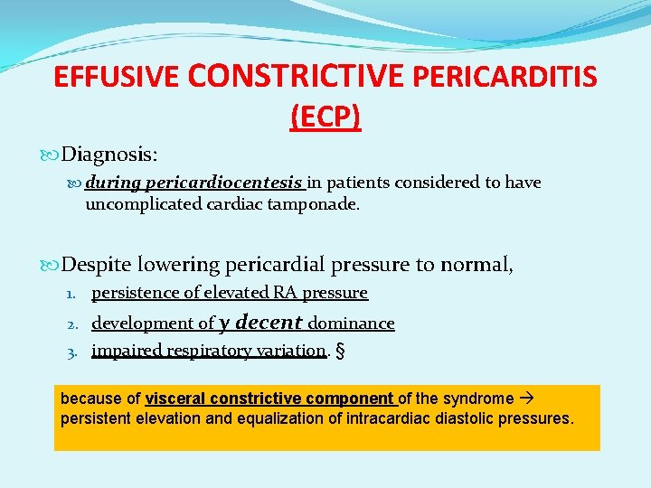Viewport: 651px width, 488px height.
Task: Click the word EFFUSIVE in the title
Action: tap(117, 78)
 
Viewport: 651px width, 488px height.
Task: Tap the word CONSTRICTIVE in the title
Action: tap(297, 76)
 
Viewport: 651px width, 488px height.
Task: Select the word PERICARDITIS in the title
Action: tap(505, 78)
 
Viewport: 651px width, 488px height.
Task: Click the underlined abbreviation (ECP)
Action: tap(325, 117)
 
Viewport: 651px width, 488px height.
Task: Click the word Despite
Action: tap(98, 265)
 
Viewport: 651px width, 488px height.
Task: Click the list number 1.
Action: tap(77, 293)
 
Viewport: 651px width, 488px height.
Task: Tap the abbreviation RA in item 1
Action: tap(294, 293)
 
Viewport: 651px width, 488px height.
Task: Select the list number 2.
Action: tap(77, 324)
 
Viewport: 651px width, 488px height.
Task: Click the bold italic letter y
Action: tap(225, 324)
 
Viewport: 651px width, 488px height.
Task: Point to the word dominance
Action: tap(352, 324)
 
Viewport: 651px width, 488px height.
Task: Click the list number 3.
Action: tap(77, 351)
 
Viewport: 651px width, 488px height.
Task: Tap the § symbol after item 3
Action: tap(339, 351)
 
